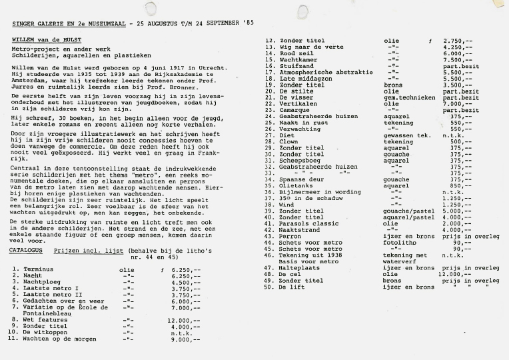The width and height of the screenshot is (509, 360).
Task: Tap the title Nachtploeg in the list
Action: coord(39,282)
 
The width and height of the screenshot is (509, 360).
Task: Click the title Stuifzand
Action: coord(297,66)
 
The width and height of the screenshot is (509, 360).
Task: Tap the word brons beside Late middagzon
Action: coord(393,85)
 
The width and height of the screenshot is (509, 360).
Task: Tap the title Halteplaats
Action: coord(300,267)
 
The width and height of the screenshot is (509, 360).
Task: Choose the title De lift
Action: coord(292,287)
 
